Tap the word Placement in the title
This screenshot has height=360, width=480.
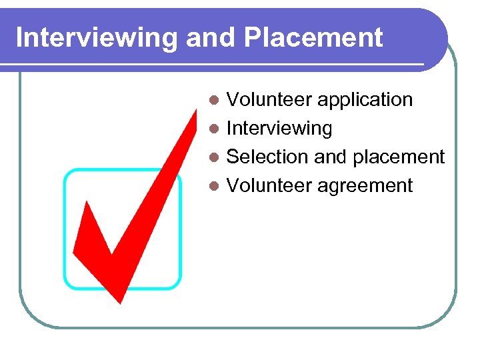[x=313, y=38]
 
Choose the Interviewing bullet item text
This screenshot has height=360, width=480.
[x=279, y=128]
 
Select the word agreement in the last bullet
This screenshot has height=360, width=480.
[x=365, y=185]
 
